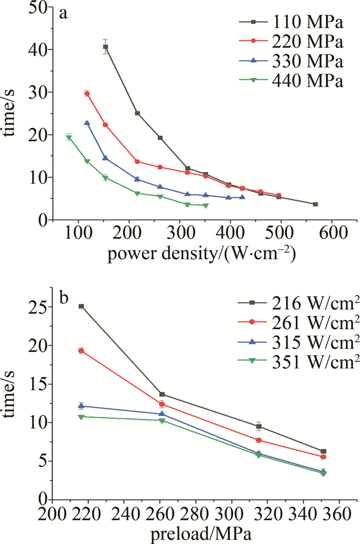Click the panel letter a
[x=64, y=14]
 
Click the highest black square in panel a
[x=105, y=47]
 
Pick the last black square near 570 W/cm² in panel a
[x=315, y=204]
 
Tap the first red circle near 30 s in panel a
[x=87, y=94]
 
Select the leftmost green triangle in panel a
[x=68, y=137]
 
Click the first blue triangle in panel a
[x=87, y=123]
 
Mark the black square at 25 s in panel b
[x=81, y=306]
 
